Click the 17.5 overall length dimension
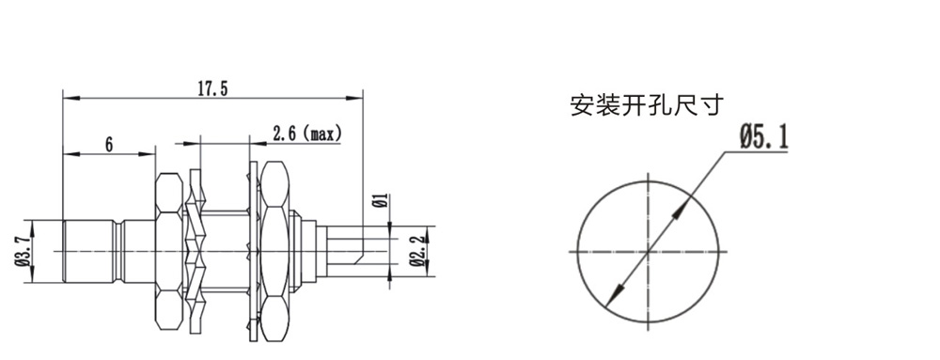(212, 88)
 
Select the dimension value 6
(109, 145)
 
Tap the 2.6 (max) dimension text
(306, 133)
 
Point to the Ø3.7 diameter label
(23, 252)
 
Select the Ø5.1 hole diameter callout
(763, 137)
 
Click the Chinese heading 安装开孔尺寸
(647, 105)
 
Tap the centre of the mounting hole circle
(648, 252)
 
